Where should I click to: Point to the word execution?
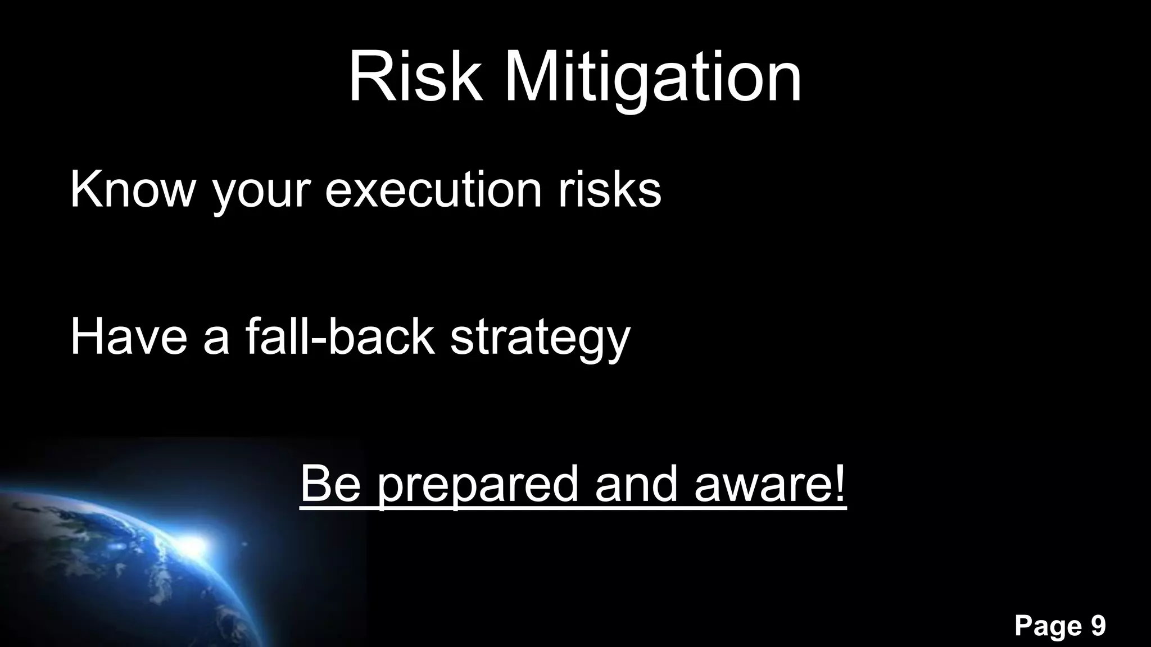433,189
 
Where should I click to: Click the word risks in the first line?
609,189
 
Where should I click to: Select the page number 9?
1098,626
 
